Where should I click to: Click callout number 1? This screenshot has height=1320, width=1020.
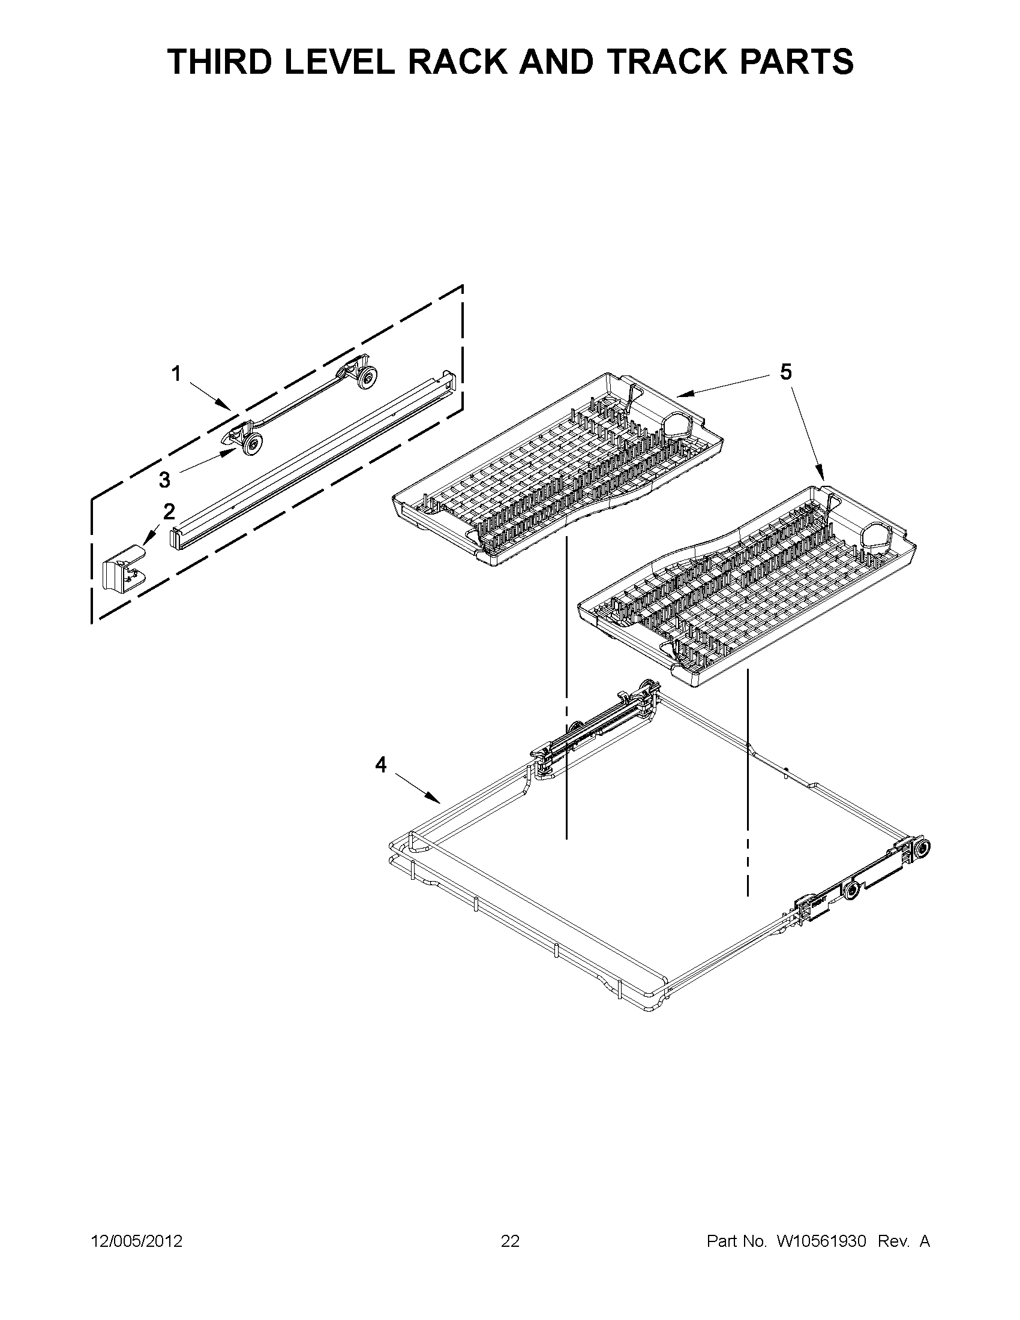tap(176, 375)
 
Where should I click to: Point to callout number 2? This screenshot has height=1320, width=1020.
tap(169, 512)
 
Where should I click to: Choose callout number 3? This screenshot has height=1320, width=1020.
tap(164, 480)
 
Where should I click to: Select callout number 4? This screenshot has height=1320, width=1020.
tap(380, 765)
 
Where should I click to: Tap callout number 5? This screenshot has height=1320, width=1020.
tap(785, 372)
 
